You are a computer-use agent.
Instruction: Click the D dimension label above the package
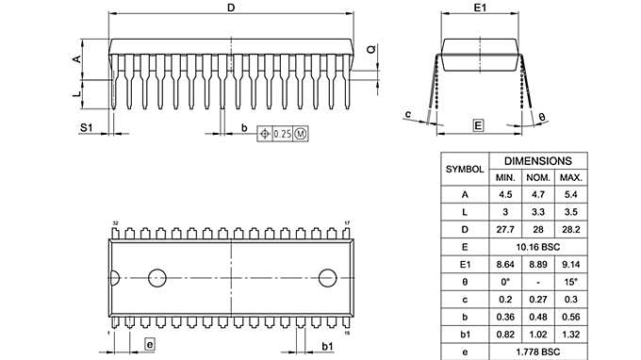click(x=232, y=8)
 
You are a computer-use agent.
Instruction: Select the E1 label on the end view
click(x=479, y=8)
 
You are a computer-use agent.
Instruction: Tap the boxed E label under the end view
click(x=478, y=125)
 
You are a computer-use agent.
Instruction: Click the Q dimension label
click(x=371, y=49)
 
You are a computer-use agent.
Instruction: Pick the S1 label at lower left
click(x=85, y=125)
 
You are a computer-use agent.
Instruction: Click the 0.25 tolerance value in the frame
click(x=282, y=134)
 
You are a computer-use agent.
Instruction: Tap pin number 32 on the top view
click(x=115, y=223)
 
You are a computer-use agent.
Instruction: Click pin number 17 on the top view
click(x=347, y=223)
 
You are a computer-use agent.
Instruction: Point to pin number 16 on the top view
click(x=347, y=333)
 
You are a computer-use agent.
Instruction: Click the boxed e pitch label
click(x=150, y=344)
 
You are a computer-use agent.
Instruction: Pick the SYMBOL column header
click(x=464, y=169)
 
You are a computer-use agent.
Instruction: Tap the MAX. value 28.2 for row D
click(x=570, y=229)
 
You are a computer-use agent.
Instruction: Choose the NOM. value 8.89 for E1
click(x=537, y=264)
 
